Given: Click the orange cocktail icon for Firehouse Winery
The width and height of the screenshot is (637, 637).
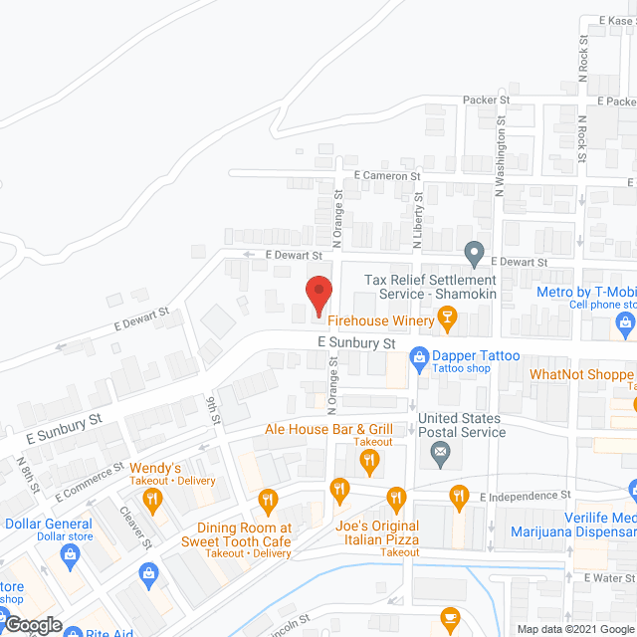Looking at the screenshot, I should point(447,319).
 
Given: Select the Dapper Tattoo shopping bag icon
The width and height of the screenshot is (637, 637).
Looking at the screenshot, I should point(418,355).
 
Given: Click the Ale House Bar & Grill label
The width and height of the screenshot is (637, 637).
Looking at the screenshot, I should point(329,429).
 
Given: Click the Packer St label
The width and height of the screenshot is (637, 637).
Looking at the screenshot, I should point(487,101).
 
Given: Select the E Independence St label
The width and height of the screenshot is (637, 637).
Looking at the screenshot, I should point(525,496).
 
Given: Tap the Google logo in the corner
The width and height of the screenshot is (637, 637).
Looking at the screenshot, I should point(32,625).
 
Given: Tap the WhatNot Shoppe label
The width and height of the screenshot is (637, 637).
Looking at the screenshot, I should point(581,375).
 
